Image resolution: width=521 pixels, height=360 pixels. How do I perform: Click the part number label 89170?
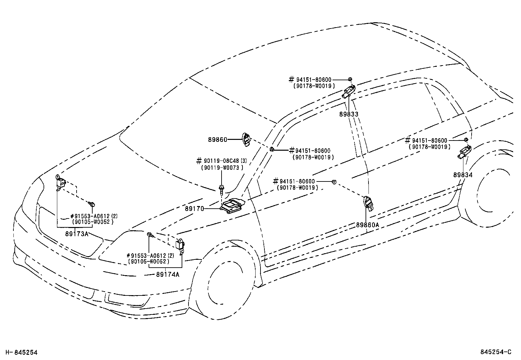point(194,208)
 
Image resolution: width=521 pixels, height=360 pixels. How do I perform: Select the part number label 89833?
point(349,114)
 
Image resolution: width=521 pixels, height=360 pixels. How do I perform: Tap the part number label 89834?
point(463,175)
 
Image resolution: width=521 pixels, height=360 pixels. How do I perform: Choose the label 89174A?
point(168,275)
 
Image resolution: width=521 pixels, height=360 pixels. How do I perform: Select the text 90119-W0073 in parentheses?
point(222,167)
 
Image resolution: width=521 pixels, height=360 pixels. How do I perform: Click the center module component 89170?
point(232,205)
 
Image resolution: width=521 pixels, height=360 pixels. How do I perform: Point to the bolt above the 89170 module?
point(222,189)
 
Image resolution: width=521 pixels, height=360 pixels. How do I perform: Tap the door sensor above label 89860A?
point(368,203)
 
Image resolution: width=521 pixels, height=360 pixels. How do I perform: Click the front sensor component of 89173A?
point(60,182)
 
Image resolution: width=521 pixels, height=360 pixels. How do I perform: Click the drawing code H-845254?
point(22,352)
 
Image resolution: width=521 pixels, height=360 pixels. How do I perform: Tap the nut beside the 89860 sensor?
point(272,150)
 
